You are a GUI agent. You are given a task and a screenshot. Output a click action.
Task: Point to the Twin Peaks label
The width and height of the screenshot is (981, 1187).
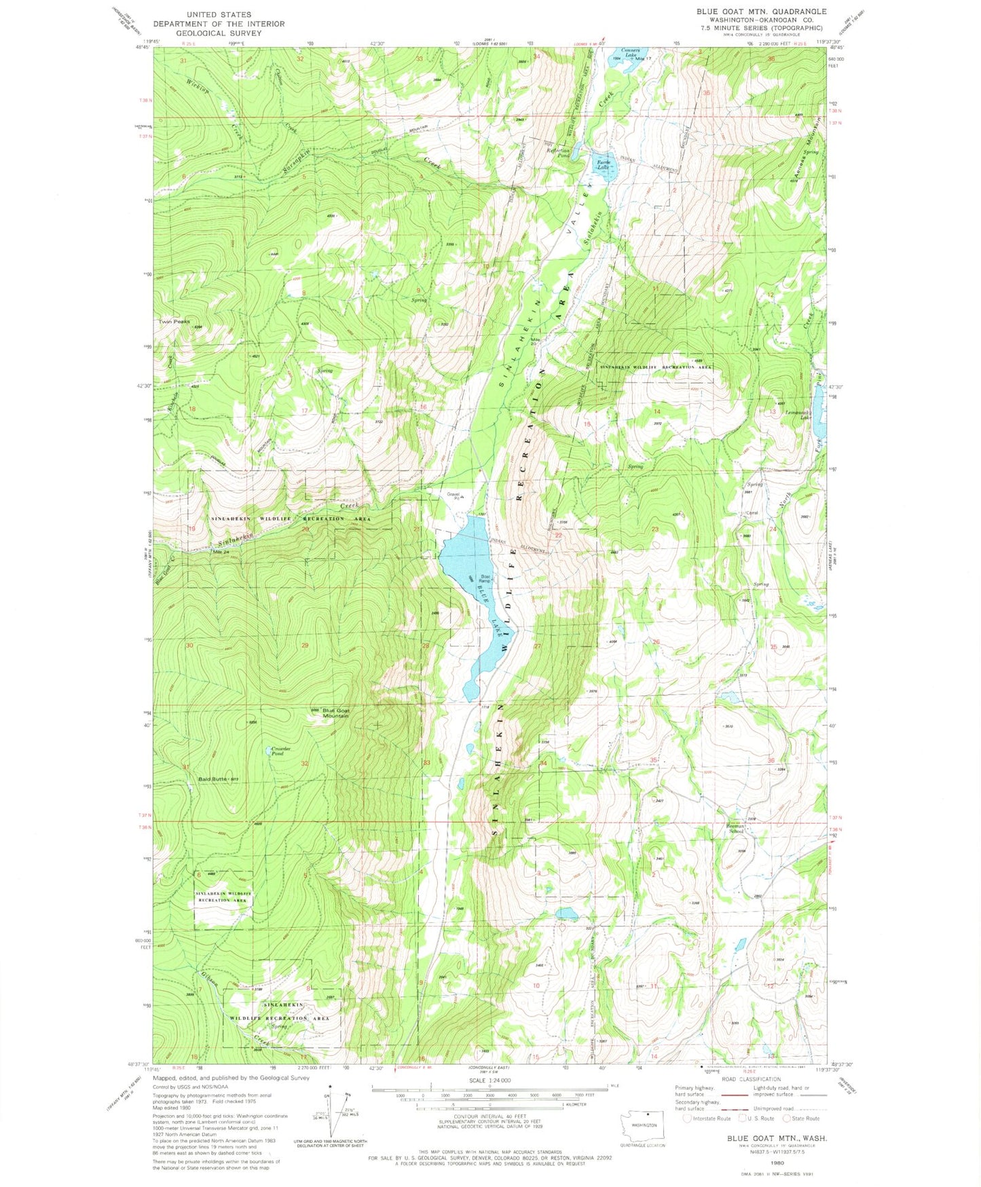click(x=174, y=322)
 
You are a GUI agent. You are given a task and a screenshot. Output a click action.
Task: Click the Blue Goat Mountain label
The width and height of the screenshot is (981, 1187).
click(x=335, y=713)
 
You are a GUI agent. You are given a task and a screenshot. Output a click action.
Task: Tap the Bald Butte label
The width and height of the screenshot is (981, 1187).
click(x=212, y=778)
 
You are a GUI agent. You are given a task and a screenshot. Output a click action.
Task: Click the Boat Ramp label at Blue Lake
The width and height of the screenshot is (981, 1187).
click(x=484, y=579)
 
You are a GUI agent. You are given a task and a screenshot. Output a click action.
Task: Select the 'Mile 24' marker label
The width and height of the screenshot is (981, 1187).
click(x=221, y=551)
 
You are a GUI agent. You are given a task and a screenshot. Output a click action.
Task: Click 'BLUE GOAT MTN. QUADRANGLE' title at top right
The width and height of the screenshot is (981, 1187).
click(x=760, y=12)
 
